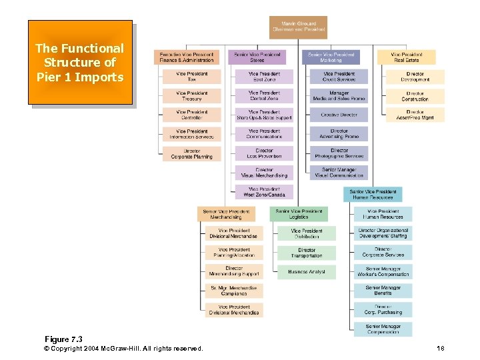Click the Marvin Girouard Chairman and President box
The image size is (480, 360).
click(299, 27)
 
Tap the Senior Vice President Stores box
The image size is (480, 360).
click(257, 57)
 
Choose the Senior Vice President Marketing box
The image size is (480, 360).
click(331, 57)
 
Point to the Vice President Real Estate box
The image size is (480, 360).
click(406, 57)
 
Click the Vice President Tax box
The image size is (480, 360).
click(192, 77)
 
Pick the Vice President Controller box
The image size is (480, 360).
click(192, 115)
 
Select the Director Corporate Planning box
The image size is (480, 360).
click(192, 154)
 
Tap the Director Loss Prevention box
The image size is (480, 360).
click(264, 153)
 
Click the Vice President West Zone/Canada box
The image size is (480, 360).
click(264, 192)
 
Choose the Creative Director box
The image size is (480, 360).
click(339, 115)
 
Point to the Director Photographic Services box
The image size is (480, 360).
click(339, 153)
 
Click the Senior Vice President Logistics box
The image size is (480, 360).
click(299, 214)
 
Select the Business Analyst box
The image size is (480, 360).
click(307, 272)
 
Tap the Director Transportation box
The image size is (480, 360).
click(307, 253)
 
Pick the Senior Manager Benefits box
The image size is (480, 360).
click(383, 291)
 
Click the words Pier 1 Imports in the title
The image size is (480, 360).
click(80, 77)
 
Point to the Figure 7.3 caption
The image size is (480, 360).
click(63, 339)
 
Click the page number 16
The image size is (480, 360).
click(440, 349)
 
